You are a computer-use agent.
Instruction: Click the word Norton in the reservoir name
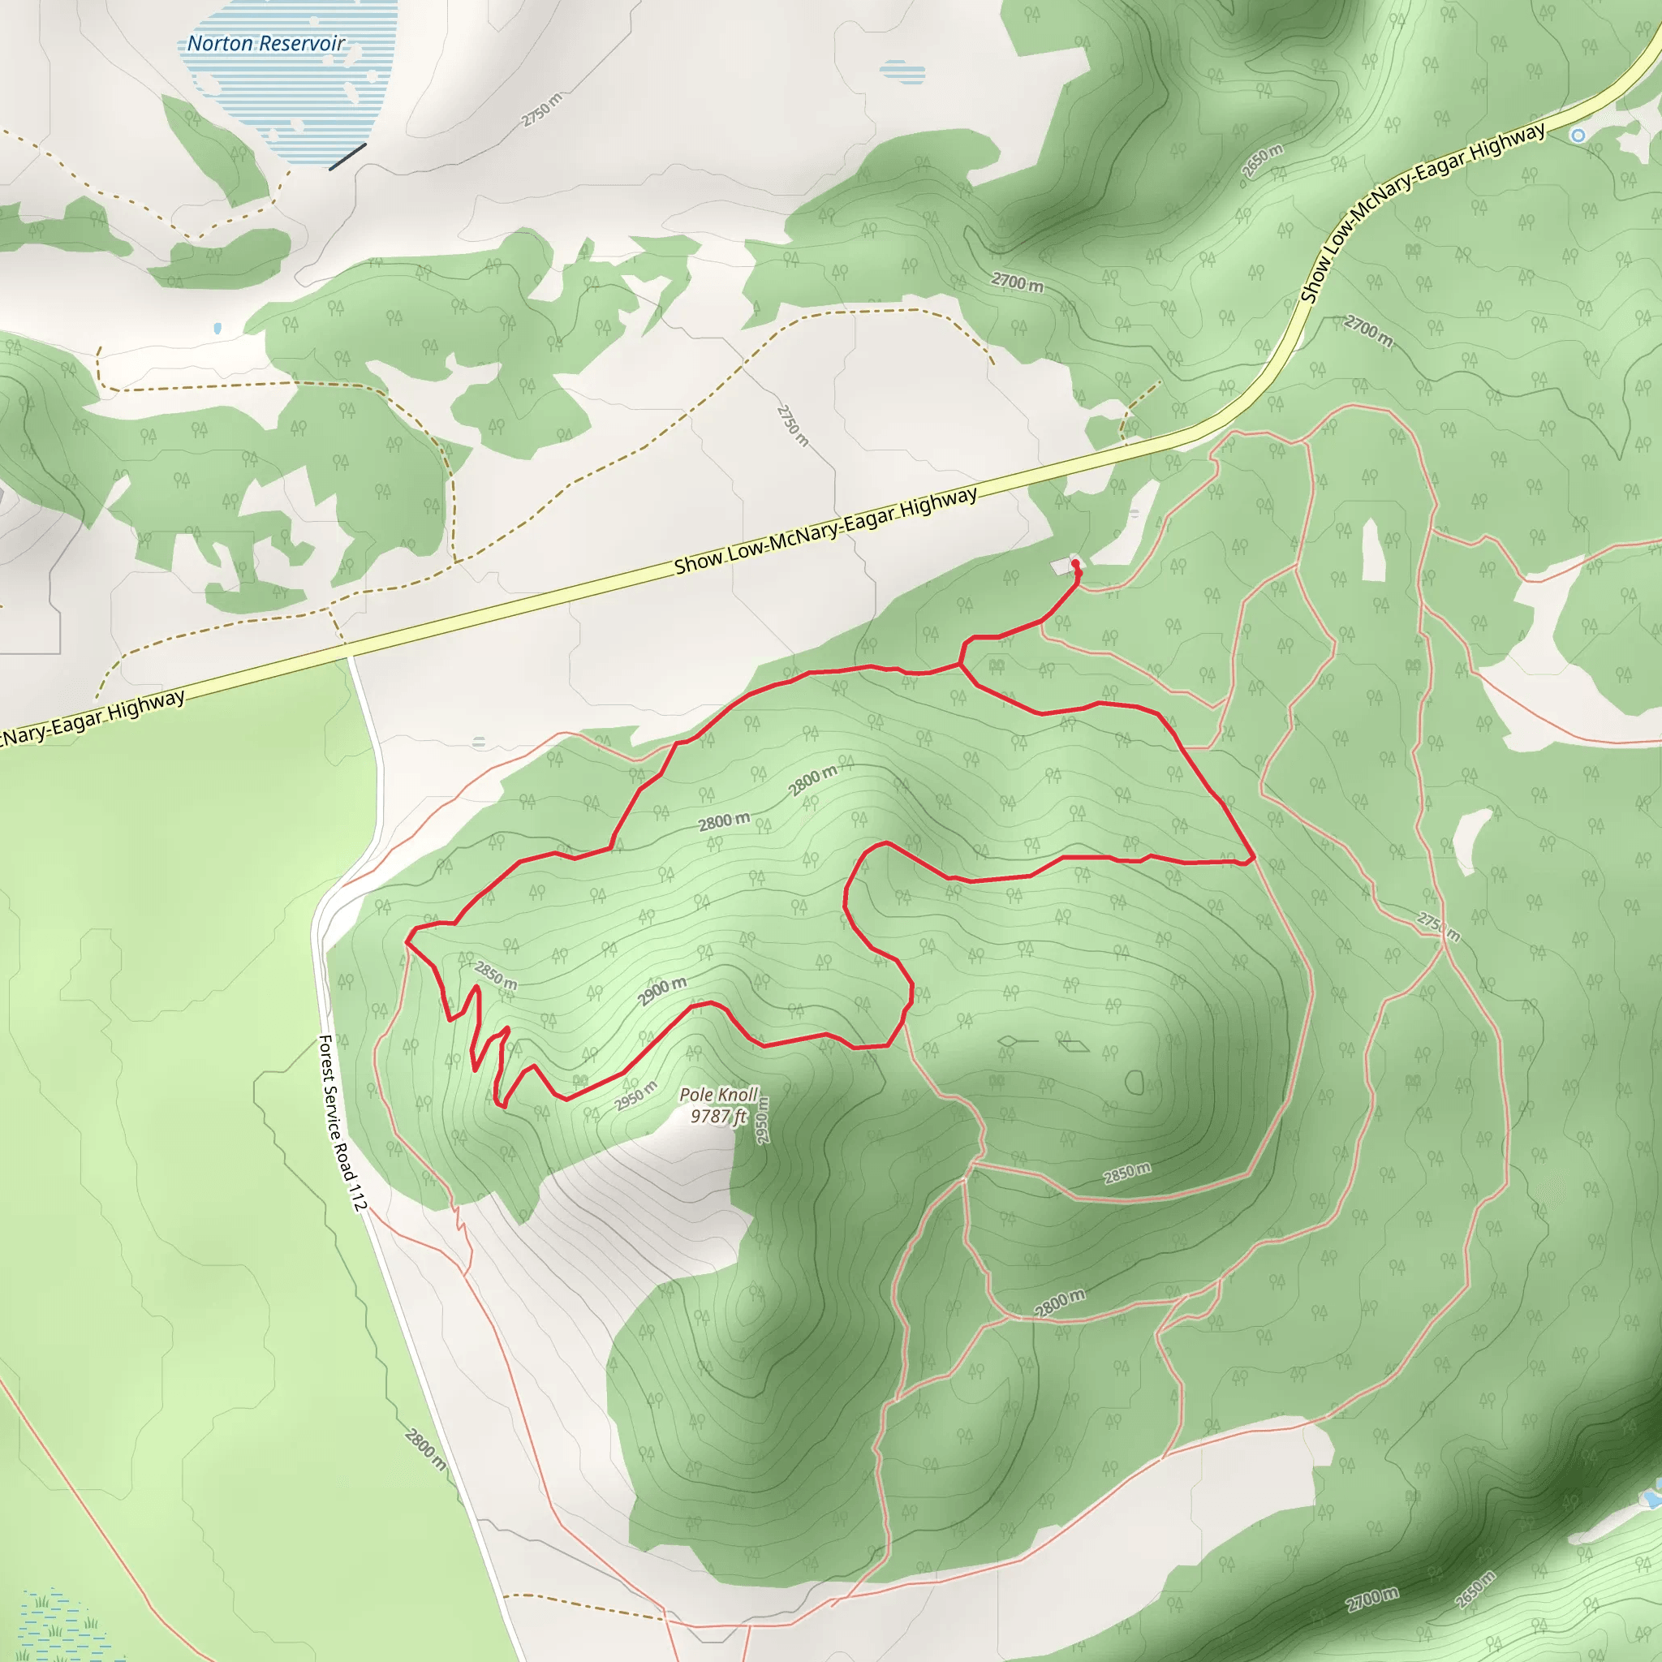[x=220, y=43]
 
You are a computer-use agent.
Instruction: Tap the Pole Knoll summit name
[x=718, y=1094]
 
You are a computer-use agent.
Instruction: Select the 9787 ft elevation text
[x=718, y=1116]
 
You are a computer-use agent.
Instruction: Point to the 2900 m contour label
[x=661, y=991]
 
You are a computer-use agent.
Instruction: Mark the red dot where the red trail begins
[x=1075, y=563]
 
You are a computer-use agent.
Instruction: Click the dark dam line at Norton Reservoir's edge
[x=347, y=157]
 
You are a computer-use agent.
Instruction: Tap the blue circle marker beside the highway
[x=1578, y=135]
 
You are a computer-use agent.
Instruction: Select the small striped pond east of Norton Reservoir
[x=902, y=72]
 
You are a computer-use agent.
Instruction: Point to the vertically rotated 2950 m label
[x=762, y=1120]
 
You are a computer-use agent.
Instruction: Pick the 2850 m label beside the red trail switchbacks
[x=496, y=975]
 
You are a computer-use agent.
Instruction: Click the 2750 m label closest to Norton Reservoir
[x=541, y=110]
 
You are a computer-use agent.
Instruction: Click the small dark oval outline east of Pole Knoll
[x=1135, y=1083]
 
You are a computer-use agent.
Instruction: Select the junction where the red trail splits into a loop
[x=960, y=664]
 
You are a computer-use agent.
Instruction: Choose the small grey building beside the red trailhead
[x=1061, y=566]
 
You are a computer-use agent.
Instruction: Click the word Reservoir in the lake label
[x=302, y=43]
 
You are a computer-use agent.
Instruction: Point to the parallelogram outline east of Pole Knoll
[x=1074, y=1044]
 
